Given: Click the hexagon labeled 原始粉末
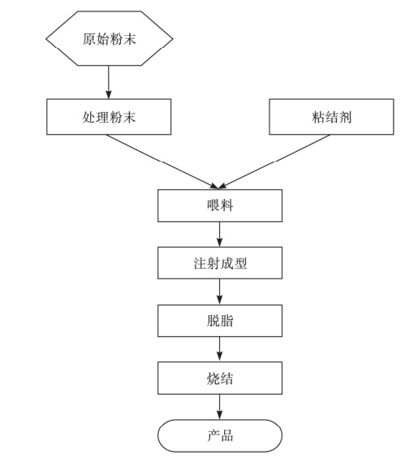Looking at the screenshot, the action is (109, 38).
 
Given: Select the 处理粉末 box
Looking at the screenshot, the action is (109, 117).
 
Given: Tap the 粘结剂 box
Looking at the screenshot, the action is (331, 117).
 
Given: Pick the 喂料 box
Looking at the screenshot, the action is (220, 206).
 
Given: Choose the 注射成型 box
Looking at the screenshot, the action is (220, 263).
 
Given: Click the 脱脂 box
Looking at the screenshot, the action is (220, 321).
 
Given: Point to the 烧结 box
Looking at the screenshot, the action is (220, 378).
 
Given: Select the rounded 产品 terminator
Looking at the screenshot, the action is (220, 435).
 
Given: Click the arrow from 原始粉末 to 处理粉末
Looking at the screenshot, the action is (109, 82).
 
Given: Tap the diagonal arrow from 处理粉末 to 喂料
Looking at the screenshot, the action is (162, 162).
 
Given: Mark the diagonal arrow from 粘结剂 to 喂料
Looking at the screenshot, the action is (274, 162).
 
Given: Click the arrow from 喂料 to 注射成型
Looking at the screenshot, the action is (219, 235).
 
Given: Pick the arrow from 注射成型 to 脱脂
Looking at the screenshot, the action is (219, 292).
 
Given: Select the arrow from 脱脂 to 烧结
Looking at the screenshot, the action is (219, 349).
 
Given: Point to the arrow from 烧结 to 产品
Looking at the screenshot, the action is (219, 407).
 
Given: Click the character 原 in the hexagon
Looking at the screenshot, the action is (88, 39).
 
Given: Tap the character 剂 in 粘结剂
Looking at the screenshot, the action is (345, 117).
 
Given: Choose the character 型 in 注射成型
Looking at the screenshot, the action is (239, 263).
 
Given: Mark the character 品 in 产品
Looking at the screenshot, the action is (226, 436).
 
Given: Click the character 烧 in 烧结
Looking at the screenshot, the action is (213, 379).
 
